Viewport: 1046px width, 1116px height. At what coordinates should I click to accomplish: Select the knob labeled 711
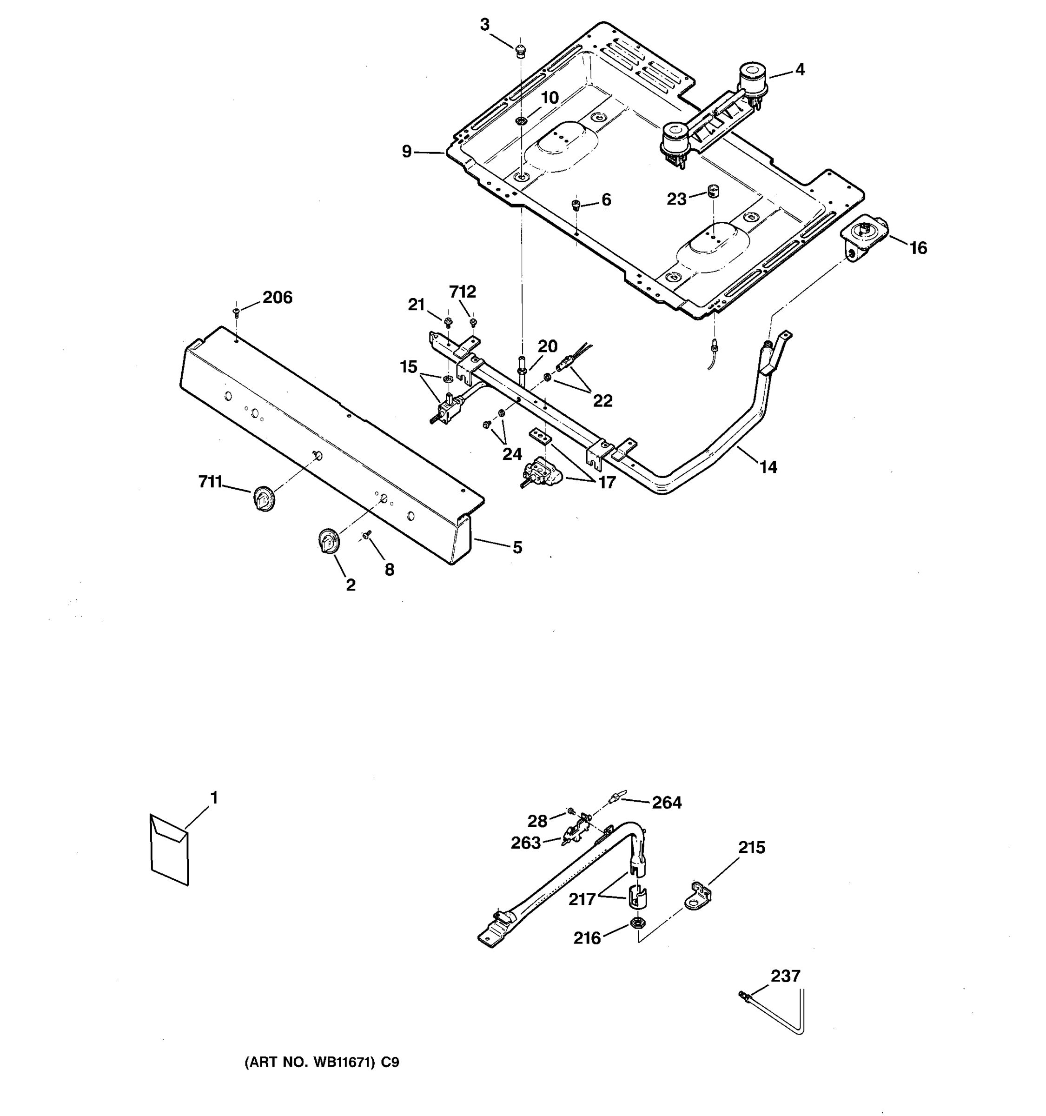[x=263, y=498]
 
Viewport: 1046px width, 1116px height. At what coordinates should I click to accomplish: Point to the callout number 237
[x=785, y=976]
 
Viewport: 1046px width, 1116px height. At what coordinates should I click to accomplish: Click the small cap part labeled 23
[x=713, y=191]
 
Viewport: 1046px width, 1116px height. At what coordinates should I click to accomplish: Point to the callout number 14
[x=768, y=466]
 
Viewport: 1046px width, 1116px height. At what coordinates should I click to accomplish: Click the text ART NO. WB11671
[x=309, y=1063]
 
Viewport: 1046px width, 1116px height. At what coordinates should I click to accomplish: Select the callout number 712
[x=463, y=292]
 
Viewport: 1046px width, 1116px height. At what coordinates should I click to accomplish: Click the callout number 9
[x=407, y=152]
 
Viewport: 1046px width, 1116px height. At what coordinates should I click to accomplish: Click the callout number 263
[x=525, y=843]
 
